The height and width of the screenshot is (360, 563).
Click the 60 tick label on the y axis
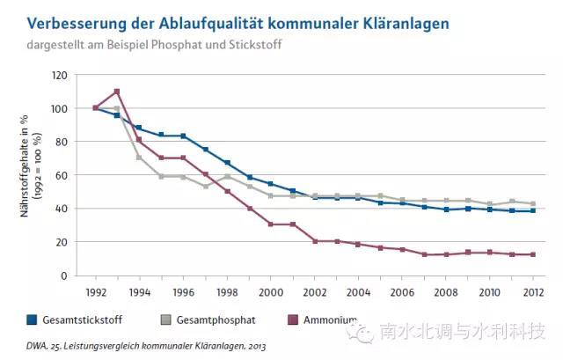click(x=61, y=175)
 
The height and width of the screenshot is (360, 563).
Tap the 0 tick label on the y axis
click(x=64, y=276)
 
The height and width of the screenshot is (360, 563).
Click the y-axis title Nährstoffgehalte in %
click(x=25, y=175)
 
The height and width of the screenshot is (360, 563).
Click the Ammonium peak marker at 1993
click(x=116, y=92)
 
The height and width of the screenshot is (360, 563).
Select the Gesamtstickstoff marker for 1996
click(x=182, y=136)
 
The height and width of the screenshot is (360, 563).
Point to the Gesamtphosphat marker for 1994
click(x=138, y=158)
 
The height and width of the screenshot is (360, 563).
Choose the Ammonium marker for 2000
click(x=269, y=224)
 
